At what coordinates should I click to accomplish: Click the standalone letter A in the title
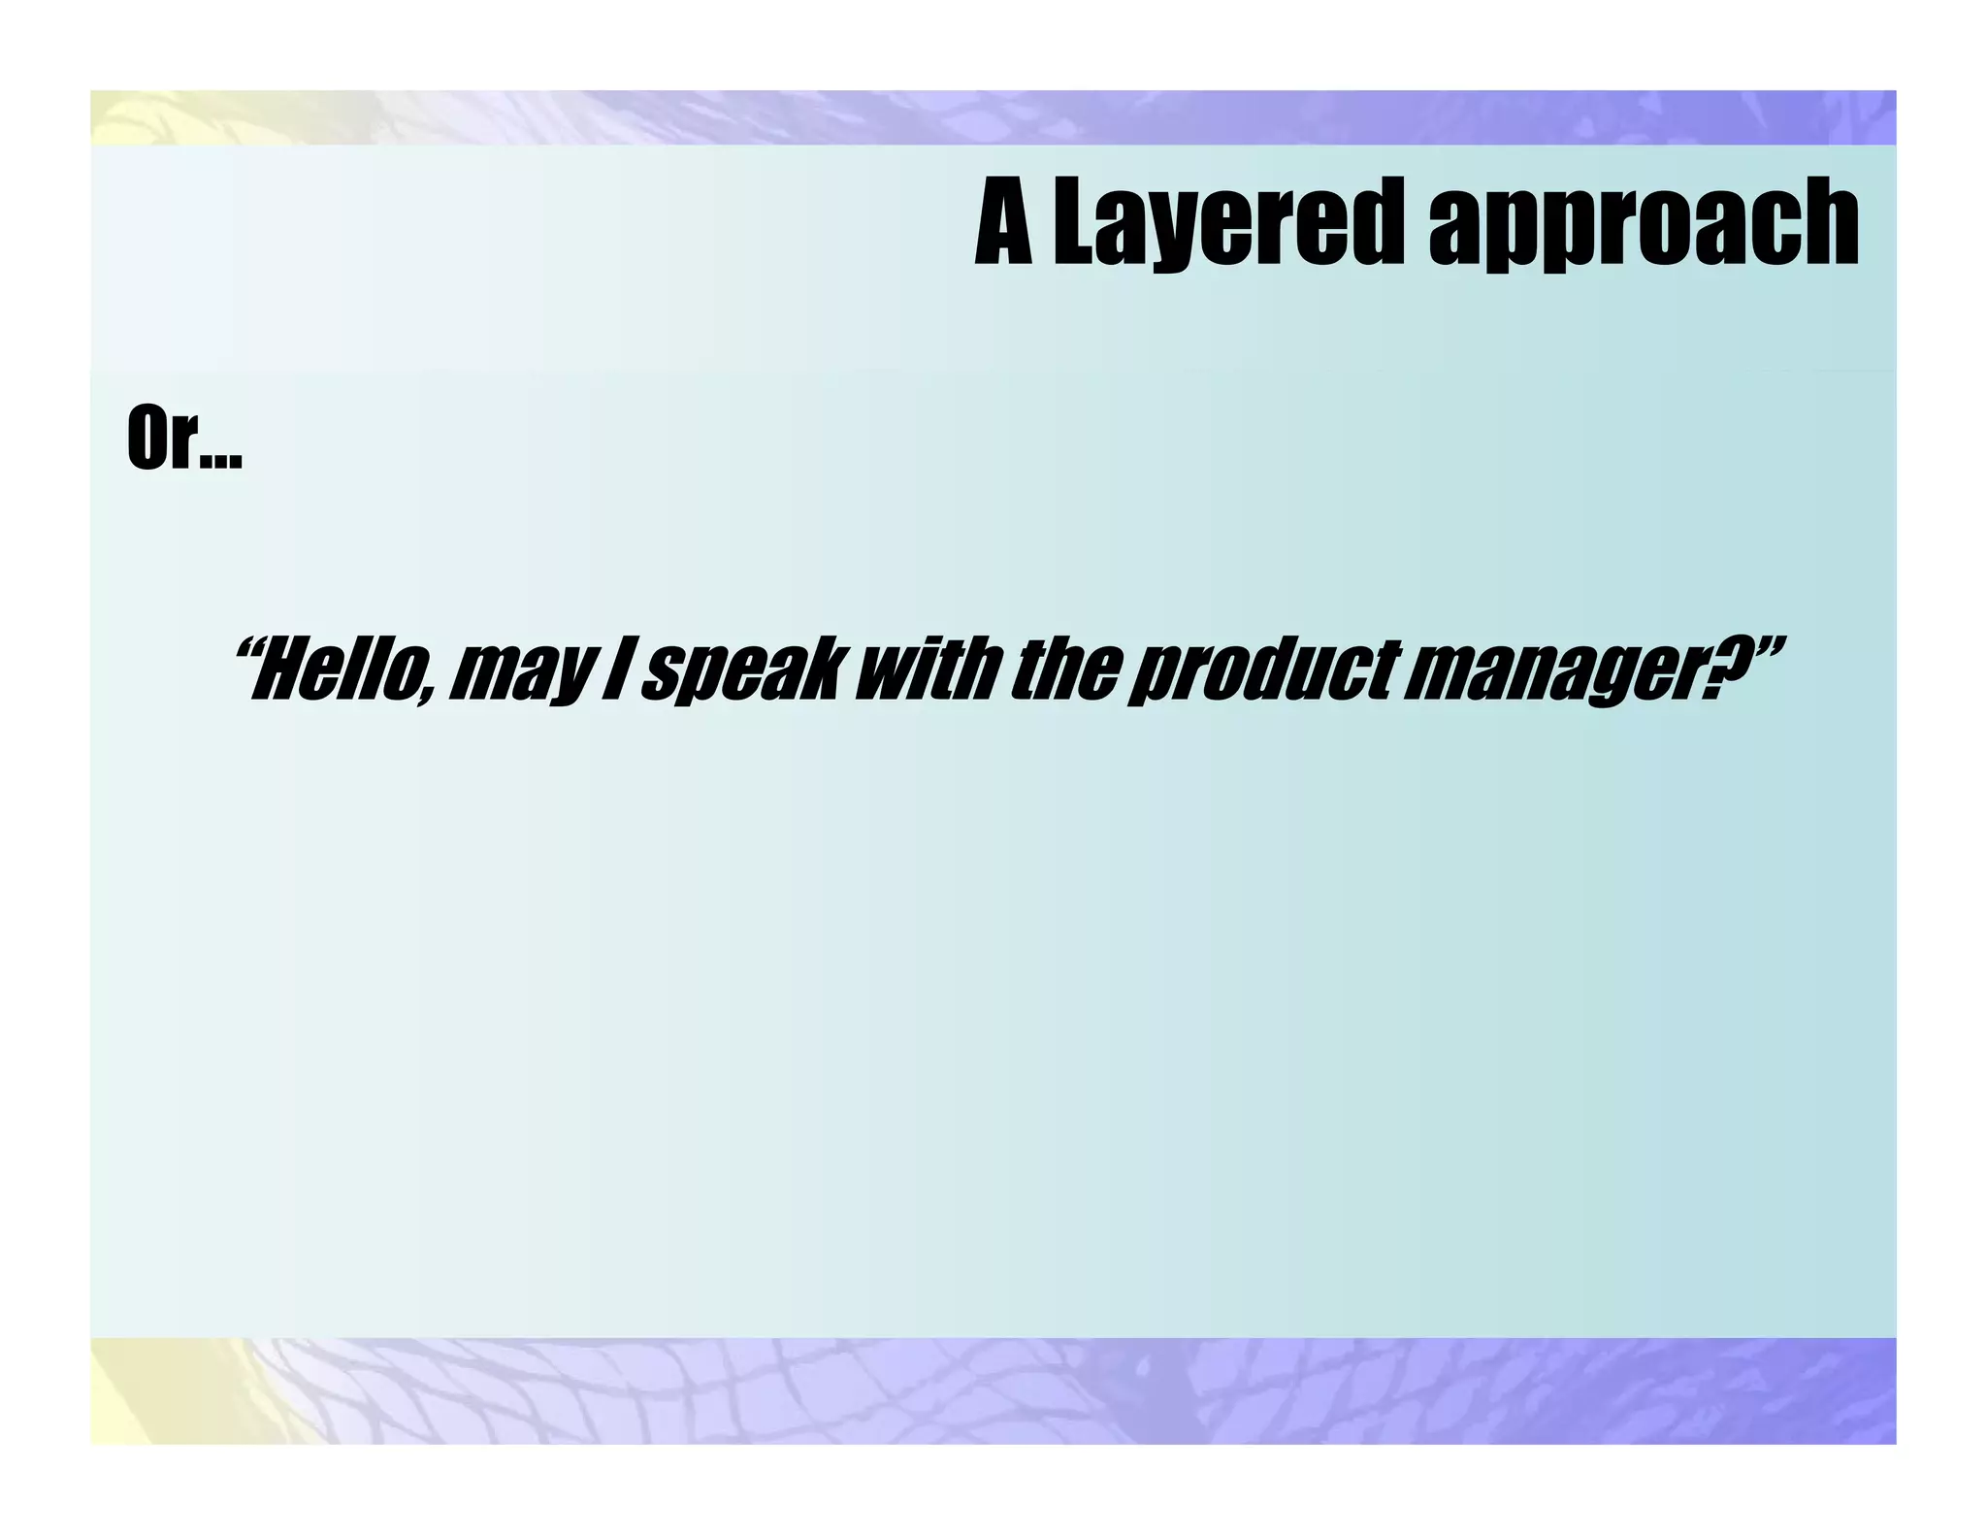[x=1004, y=223]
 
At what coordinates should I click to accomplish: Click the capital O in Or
[x=147, y=439]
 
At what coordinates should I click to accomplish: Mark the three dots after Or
[x=221, y=462]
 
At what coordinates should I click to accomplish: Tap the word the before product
[x=1063, y=670]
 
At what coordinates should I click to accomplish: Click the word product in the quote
[x=1262, y=671]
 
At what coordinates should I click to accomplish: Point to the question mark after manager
[x=1718, y=668]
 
